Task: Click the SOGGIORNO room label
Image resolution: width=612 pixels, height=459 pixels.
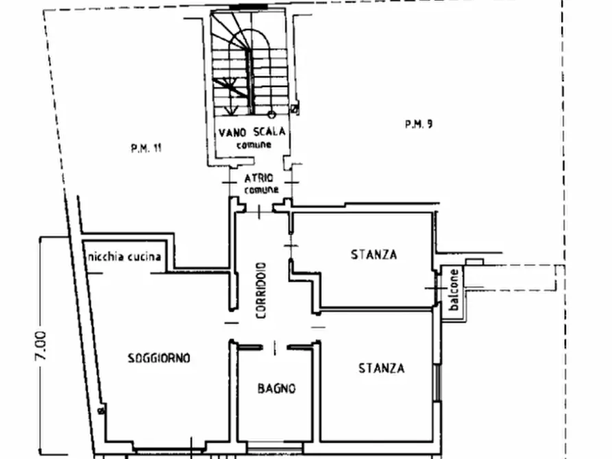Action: tap(159, 358)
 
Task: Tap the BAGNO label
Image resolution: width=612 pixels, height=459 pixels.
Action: tap(276, 388)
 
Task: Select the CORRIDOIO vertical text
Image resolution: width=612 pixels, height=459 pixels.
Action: tap(261, 290)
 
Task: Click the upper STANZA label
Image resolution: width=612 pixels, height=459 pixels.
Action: tap(374, 254)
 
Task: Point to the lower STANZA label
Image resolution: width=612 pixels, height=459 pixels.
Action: tap(381, 368)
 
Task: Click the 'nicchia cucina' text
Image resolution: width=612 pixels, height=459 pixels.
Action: tap(125, 256)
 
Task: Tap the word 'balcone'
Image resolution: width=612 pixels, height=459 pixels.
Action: tap(454, 290)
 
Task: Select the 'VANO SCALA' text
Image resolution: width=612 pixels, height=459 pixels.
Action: tap(252, 132)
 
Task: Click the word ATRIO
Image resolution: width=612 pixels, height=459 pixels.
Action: tap(259, 178)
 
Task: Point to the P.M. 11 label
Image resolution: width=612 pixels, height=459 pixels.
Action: tap(146, 148)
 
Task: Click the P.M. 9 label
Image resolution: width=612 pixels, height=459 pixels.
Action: tap(419, 125)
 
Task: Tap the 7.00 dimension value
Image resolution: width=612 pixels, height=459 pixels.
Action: tap(41, 345)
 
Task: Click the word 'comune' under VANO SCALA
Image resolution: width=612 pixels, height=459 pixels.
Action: tap(254, 145)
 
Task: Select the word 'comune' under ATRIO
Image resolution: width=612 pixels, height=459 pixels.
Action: tap(262, 190)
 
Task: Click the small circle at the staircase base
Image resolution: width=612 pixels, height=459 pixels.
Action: tap(271, 114)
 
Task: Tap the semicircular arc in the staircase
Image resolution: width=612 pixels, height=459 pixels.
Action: tap(249, 32)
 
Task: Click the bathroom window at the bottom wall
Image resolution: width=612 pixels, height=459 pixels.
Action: tap(275, 445)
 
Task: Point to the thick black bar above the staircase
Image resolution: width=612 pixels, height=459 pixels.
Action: tap(248, 7)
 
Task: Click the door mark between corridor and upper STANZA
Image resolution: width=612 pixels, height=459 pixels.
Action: tap(291, 246)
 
